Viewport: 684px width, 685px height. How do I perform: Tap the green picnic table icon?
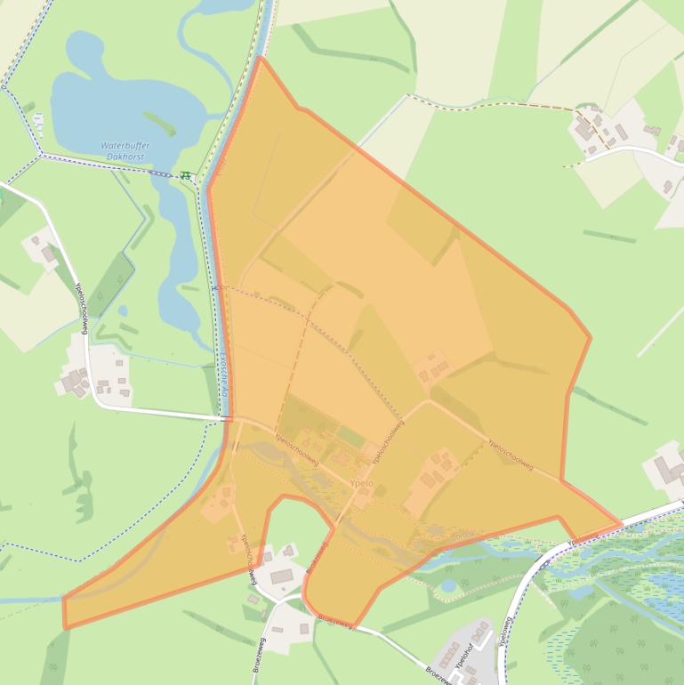[185, 176]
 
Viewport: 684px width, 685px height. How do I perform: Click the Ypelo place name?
[362, 484]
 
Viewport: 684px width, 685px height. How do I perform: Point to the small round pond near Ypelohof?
[448, 585]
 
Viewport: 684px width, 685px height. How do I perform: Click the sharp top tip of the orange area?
[261, 58]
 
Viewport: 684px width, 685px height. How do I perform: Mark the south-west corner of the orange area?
[66, 626]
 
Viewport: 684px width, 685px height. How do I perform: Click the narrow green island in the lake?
[160, 122]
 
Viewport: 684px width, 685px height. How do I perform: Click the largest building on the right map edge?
[668, 469]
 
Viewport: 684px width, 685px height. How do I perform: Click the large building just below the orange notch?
[283, 576]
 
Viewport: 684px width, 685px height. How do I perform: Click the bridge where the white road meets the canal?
[227, 417]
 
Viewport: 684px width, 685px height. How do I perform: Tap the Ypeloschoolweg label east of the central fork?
[511, 454]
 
